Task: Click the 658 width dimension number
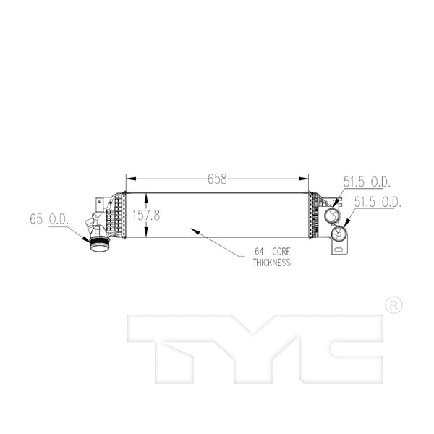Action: pos(217,179)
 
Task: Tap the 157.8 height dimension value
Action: pos(146,216)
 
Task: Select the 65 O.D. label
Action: pos(49,219)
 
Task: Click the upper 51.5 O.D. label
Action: pos(367,182)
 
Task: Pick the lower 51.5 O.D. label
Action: pos(378,202)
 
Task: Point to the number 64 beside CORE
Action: pos(259,252)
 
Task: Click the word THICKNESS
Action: pos(272,263)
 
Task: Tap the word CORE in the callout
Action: pos(281,252)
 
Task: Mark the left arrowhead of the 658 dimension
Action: pos(131,179)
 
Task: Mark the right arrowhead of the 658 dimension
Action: pos(304,179)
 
